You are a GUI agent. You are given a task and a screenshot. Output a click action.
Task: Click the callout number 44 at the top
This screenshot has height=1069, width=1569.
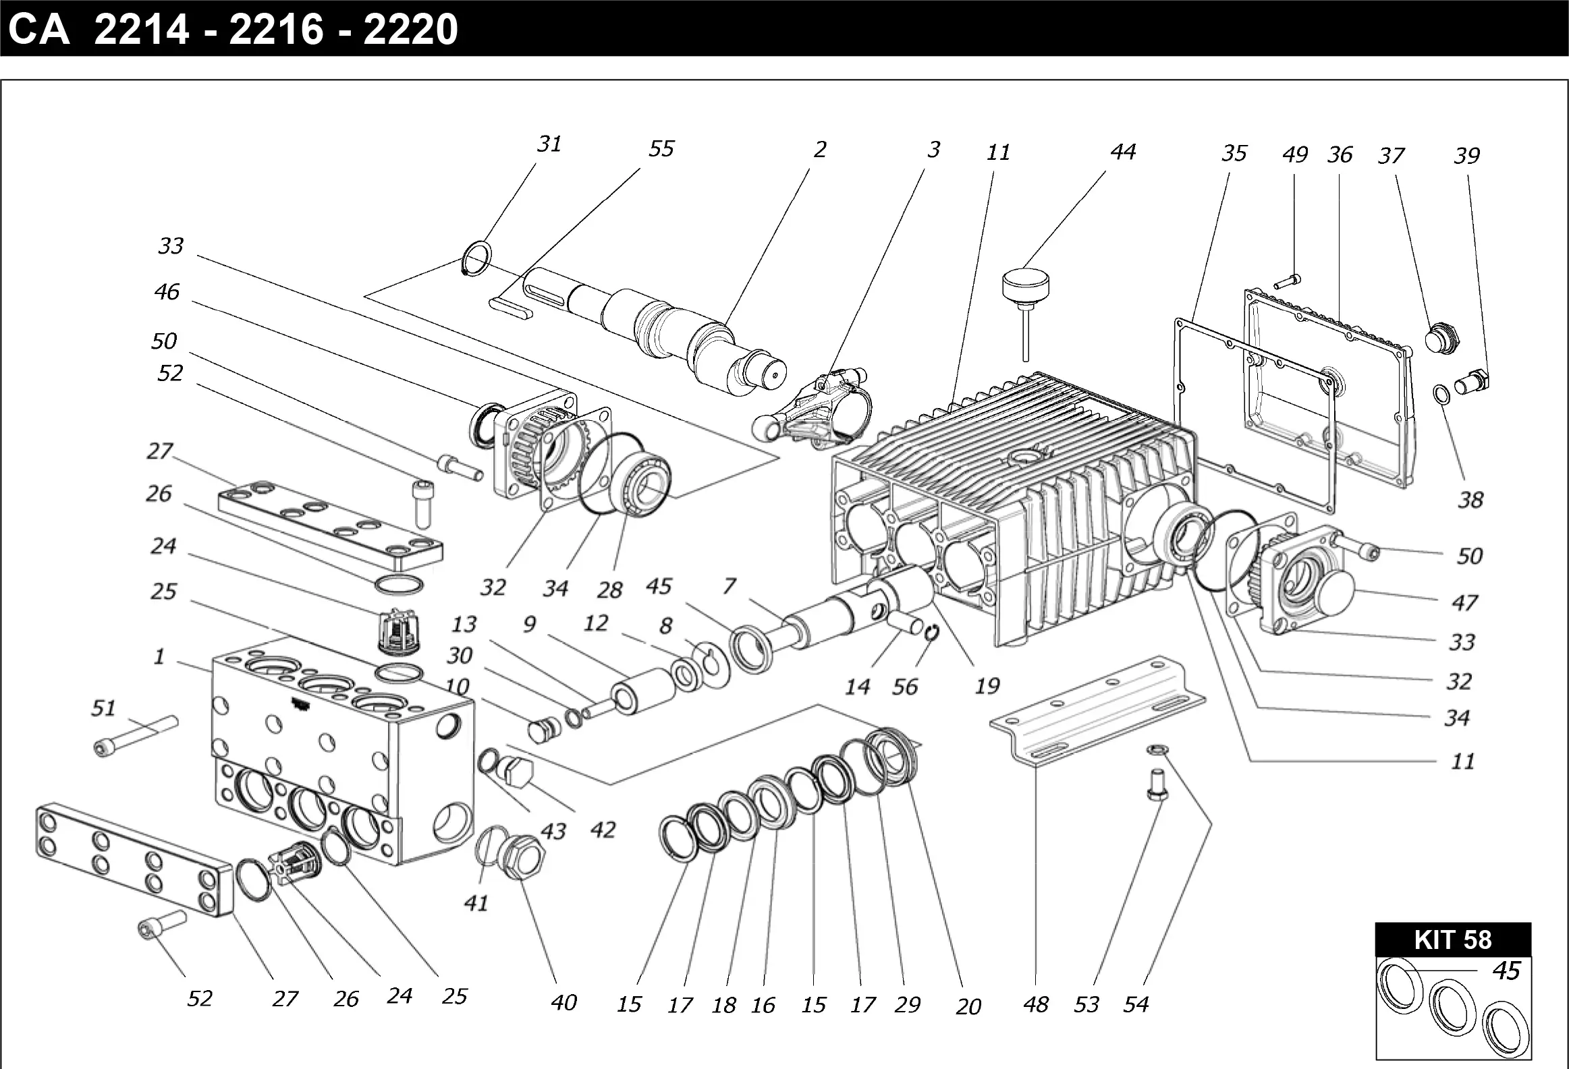coord(1123,152)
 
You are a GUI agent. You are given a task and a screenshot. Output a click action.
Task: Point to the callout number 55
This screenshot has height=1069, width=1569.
coord(661,149)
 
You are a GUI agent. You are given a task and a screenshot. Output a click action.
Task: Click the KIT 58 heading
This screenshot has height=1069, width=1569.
coord(1453,940)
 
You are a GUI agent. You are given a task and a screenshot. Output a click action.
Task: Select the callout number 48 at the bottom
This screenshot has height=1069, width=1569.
coord(1036,1005)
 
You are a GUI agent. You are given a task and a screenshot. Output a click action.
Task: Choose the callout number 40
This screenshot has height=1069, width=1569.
coord(563,1003)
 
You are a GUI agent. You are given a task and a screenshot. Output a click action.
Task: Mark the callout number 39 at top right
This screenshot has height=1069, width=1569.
coord(1466,156)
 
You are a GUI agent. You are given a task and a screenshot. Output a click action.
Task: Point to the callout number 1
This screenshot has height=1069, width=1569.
coord(159,656)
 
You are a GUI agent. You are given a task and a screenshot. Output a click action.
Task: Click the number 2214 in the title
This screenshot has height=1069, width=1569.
coord(141,30)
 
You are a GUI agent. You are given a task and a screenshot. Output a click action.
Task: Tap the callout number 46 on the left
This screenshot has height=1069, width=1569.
coord(167,292)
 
